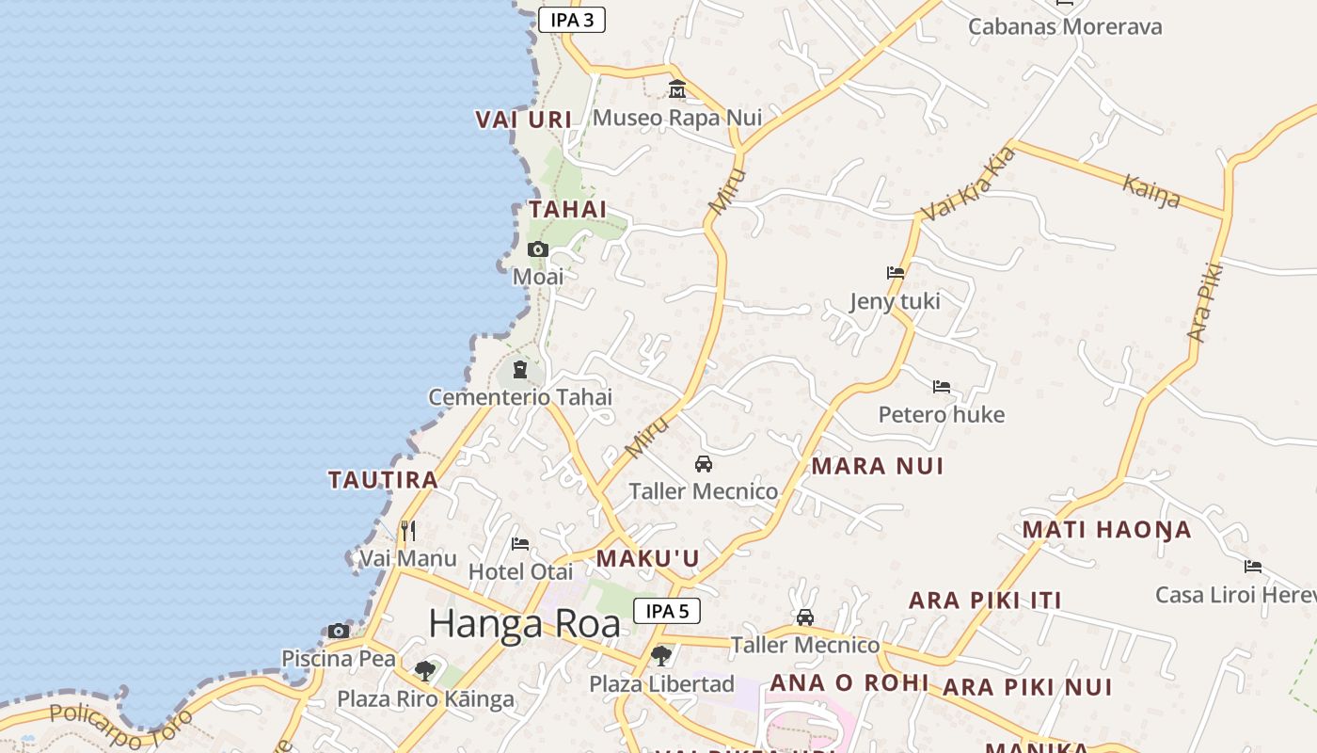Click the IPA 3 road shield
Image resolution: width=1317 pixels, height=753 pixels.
pos(571,20)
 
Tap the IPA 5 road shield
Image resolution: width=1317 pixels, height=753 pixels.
pos(666,611)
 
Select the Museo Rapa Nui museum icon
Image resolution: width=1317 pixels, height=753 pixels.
pos(676,89)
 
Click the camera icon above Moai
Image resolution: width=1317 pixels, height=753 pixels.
pos(538,249)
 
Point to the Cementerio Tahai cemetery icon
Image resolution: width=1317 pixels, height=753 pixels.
pos(519,369)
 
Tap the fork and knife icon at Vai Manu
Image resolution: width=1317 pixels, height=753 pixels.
pos(407,531)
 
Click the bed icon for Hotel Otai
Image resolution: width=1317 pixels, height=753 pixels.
pos(519,544)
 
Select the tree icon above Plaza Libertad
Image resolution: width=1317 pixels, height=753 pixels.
pos(661,655)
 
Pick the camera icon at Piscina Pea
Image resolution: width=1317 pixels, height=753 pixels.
pos(339,631)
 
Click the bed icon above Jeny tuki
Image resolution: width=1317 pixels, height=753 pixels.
pos(896,273)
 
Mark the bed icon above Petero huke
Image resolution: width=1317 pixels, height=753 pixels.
pos(942,387)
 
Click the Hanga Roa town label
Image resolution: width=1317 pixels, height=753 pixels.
pos(524,624)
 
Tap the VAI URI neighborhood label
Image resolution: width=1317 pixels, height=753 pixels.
pos(524,120)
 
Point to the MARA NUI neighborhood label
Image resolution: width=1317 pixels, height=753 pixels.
pos(877,466)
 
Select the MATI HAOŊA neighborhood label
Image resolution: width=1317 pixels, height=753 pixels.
pos(1106,530)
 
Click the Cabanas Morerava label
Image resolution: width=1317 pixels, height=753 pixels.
pos(1065,26)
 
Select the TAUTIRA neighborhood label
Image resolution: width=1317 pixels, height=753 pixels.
pos(383,480)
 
